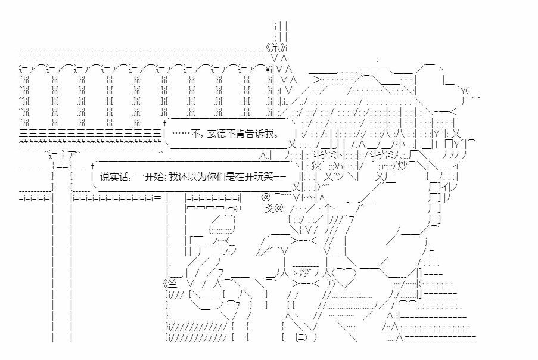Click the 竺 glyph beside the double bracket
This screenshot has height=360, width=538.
pos(173,283)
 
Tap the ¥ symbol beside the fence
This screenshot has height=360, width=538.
pos(269,69)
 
